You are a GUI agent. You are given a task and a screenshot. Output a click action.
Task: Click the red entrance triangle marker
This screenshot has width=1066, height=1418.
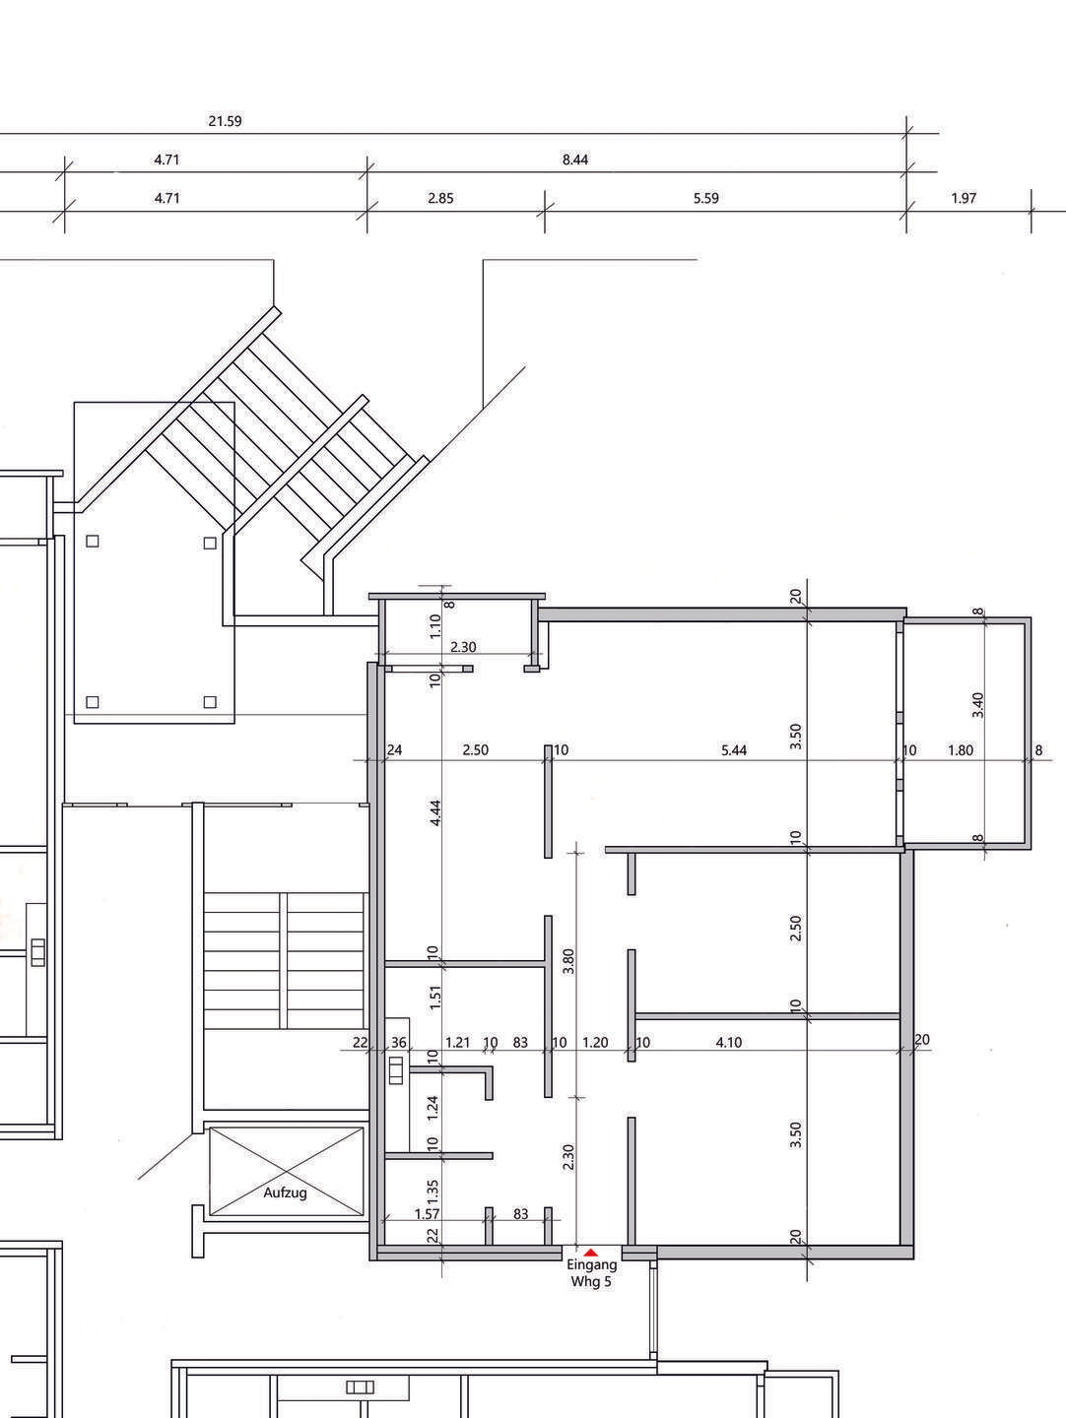[590, 1252]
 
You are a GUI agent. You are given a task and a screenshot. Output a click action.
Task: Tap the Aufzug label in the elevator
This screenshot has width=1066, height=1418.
[285, 1192]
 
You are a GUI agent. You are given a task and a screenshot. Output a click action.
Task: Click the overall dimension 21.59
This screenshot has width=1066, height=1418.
[225, 121]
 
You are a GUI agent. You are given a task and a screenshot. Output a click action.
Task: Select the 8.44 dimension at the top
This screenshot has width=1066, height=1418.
[575, 160]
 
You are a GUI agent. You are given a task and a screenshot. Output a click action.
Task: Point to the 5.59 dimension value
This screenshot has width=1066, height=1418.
[706, 198]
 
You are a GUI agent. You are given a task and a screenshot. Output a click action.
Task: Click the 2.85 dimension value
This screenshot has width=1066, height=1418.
[440, 198]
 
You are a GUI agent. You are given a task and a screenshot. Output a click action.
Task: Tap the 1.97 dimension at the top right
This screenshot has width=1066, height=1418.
[964, 198]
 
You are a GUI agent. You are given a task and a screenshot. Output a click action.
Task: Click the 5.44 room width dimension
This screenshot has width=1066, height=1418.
[734, 750]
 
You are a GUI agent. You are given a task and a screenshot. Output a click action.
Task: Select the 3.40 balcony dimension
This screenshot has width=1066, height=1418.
[977, 705]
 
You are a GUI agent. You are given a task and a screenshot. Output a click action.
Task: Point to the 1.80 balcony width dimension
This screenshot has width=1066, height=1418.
[960, 750]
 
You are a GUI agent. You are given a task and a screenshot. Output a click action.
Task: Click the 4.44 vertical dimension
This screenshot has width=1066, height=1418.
[435, 812]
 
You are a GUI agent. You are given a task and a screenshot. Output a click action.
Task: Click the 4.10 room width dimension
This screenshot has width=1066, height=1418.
[729, 1042]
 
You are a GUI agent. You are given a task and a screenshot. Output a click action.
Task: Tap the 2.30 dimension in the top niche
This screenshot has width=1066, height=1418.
[463, 647]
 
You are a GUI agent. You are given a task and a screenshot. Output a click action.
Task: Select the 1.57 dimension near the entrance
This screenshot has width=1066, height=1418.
[427, 1214]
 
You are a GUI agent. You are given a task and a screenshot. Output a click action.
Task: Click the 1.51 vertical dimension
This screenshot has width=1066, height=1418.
[435, 998]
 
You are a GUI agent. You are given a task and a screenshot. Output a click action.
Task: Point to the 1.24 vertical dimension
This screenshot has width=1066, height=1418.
[433, 1108]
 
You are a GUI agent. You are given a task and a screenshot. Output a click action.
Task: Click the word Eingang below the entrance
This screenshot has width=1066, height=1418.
[592, 1265]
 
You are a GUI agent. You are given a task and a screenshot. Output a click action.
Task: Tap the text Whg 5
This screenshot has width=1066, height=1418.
[590, 1281]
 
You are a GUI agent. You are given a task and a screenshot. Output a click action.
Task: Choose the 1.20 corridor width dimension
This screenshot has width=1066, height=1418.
[595, 1042]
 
